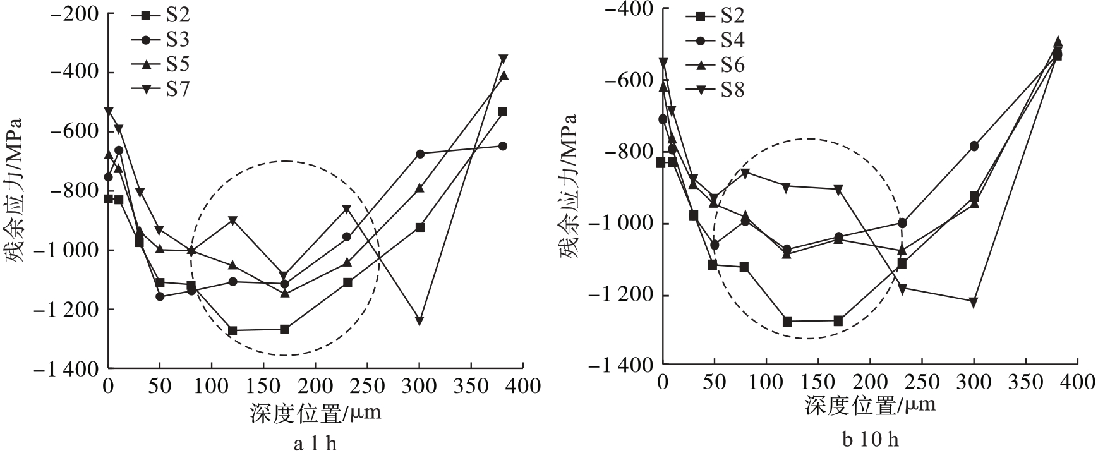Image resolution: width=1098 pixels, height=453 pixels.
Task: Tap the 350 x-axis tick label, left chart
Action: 471,385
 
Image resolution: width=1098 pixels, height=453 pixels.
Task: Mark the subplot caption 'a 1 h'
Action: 315,444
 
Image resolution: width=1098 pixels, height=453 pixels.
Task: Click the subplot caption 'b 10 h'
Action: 870,440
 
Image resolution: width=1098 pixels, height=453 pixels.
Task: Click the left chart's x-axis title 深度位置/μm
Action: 315,413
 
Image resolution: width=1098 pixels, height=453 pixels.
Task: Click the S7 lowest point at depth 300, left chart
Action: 419,321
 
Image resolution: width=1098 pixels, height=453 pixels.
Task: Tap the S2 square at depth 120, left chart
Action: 232,330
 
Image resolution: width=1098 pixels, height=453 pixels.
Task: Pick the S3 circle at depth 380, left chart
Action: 503,146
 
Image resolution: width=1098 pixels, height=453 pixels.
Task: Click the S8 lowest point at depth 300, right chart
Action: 974,302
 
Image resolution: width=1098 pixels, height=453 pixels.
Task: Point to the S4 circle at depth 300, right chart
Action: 974,146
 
